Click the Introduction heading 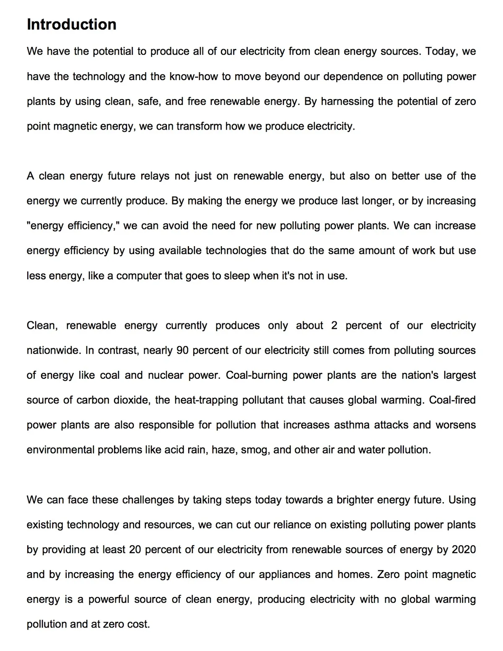[x=72, y=24]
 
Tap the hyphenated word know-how [x=194, y=77]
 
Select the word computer [x=137, y=276]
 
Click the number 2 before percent [x=334, y=326]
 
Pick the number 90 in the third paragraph [x=182, y=351]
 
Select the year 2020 [x=464, y=550]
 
